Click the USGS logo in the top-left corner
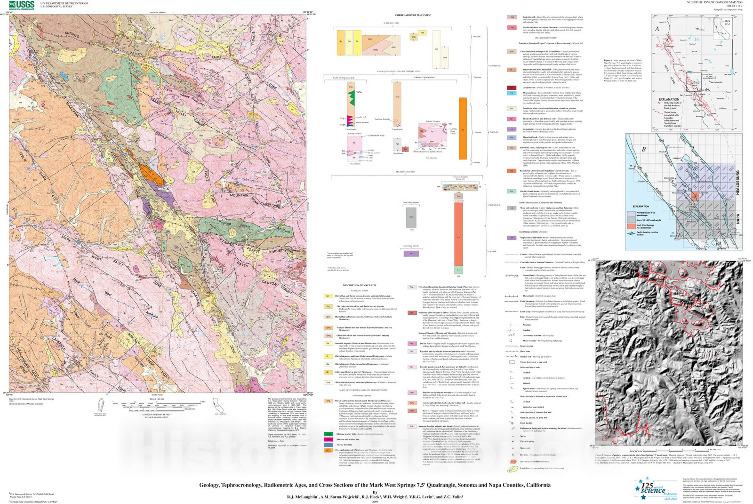21,5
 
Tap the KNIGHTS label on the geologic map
72,35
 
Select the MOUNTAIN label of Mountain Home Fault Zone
239,195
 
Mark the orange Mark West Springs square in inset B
696,196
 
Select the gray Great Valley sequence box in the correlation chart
411,217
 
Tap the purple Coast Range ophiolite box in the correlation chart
411,253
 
